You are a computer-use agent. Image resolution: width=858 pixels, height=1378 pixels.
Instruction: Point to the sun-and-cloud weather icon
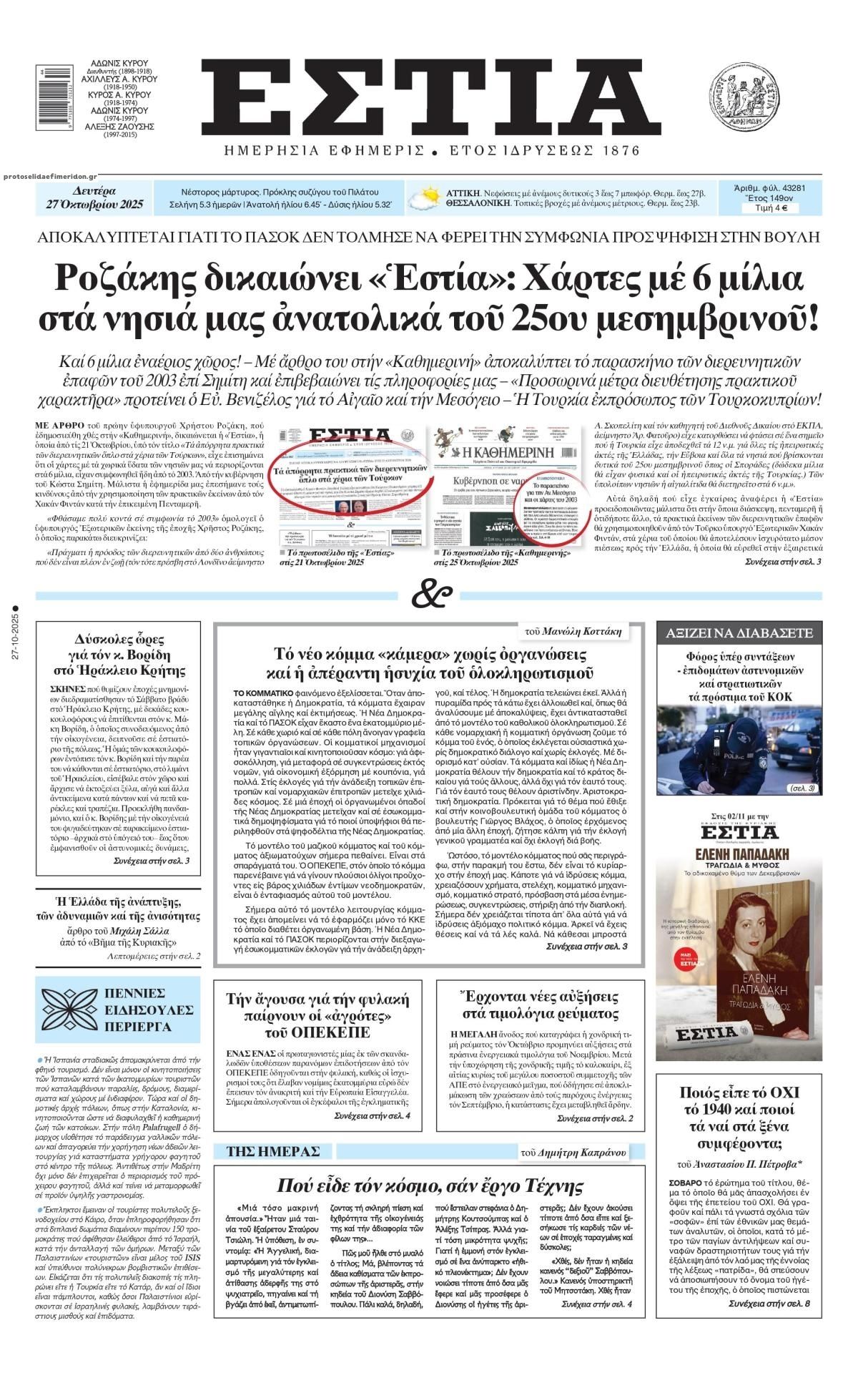coord(427,197)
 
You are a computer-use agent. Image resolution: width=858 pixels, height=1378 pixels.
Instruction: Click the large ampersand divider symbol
coord(427,594)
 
